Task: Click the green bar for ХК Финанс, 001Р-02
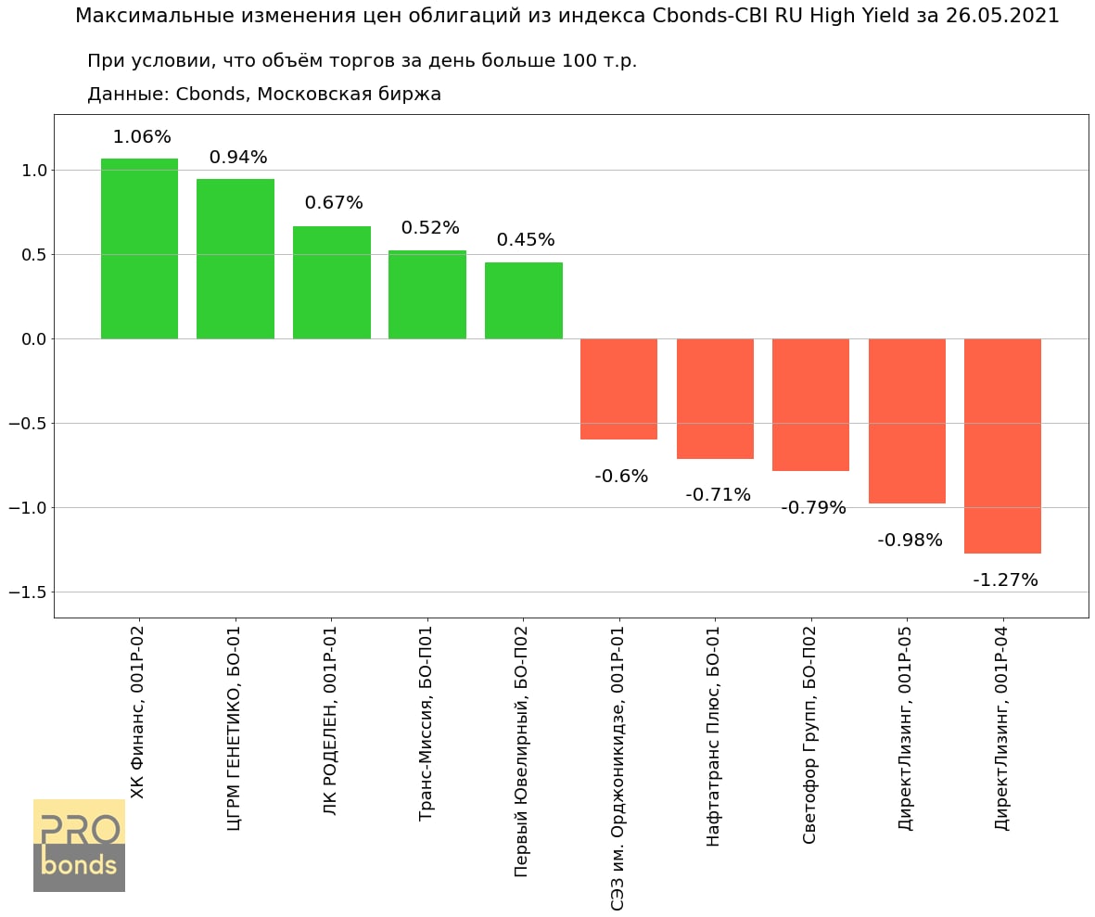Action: (x=139, y=248)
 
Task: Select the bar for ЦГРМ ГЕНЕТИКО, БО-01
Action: (x=236, y=259)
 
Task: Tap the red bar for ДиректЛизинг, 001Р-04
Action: (x=1002, y=446)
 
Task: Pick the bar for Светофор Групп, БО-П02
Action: (x=810, y=405)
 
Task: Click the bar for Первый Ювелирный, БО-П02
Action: (x=523, y=300)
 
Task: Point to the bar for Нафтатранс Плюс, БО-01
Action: (x=715, y=399)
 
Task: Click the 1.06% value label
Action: (x=142, y=137)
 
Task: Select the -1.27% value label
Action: (x=1005, y=580)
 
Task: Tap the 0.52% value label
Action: (x=430, y=228)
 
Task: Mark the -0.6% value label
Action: (x=621, y=477)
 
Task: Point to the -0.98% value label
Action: (x=910, y=541)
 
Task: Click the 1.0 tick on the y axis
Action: (x=33, y=171)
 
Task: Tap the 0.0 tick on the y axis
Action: (x=33, y=339)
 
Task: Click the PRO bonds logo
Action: (x=79, y=846)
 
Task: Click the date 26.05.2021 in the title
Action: (x=1001, y=16)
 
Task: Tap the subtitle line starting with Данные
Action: (x=263, y=95)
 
